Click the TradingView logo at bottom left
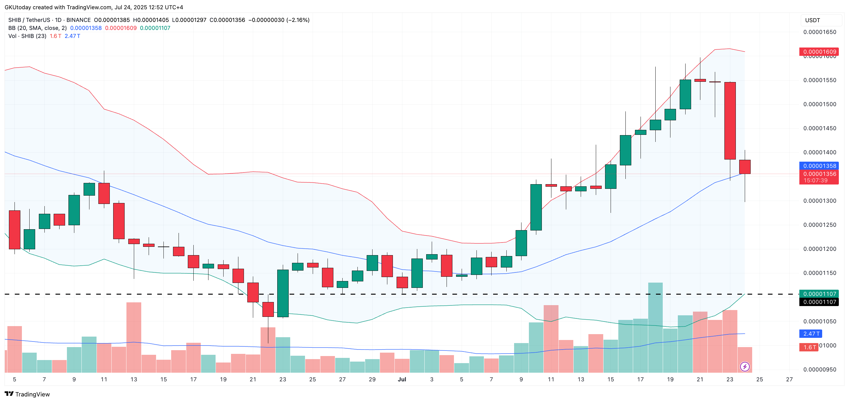(27, 394)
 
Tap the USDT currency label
(812, 20)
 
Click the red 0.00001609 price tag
(819, 52)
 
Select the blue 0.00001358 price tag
(819, 166)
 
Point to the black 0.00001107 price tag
(819, 302)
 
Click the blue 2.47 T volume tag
(811, 334)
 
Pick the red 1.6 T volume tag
(809, 347)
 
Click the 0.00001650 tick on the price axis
(820, 32)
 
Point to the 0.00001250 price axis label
(820, 225)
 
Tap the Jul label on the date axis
(402, 379)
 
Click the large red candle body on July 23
(730, 120)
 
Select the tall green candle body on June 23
(283, 293)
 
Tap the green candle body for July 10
(536, 207)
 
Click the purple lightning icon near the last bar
(745, 367)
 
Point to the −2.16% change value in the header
(298, 20)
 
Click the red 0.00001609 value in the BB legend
(121, 28)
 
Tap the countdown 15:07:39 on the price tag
(815, 180)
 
